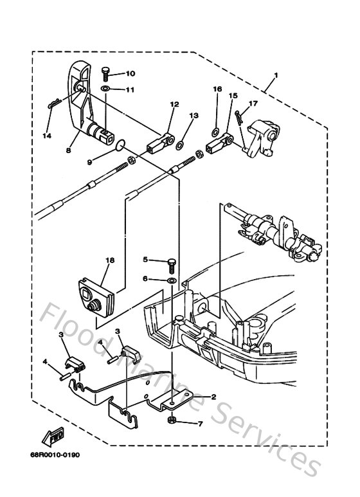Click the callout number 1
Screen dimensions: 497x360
point(275,76)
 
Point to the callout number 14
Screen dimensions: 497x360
point(46,136)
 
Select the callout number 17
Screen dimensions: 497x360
point(253,103)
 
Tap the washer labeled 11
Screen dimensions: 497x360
point(105,89)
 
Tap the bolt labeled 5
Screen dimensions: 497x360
point(172,262)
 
